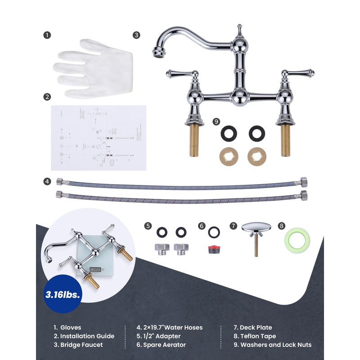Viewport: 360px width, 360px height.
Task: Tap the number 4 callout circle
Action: click(47, 181)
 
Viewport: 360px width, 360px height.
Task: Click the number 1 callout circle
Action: click(47, 35)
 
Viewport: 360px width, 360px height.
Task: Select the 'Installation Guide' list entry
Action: click(84, 336)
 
